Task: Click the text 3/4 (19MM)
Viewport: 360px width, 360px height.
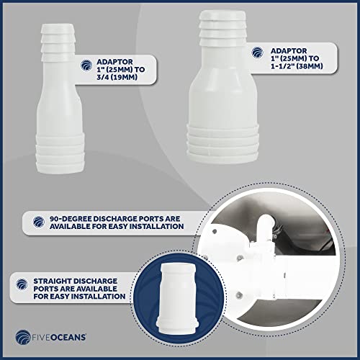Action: point(117,77)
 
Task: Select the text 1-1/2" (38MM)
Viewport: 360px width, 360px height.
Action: point(297,66)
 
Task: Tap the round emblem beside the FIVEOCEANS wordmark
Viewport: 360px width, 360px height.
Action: point(22,337)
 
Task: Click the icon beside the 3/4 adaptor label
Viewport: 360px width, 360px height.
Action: point(86,66)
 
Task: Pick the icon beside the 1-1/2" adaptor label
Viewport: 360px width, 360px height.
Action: point(258,53)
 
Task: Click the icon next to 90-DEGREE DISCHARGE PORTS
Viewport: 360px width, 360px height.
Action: point(39,222)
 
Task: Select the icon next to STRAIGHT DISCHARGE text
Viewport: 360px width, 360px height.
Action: point(22,284)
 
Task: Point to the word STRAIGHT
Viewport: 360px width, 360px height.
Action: point(53,281)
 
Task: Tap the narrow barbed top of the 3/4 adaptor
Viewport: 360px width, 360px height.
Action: point(58,42)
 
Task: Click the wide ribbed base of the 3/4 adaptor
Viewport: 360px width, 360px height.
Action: point(60,153)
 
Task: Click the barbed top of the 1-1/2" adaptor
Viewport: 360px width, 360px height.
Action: point(222,28)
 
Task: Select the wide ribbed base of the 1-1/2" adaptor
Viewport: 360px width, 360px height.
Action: point(223,144)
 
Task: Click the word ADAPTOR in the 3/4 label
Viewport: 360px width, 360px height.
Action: point(114,62)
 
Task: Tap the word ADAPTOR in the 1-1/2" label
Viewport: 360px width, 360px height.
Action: point(289,51)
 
